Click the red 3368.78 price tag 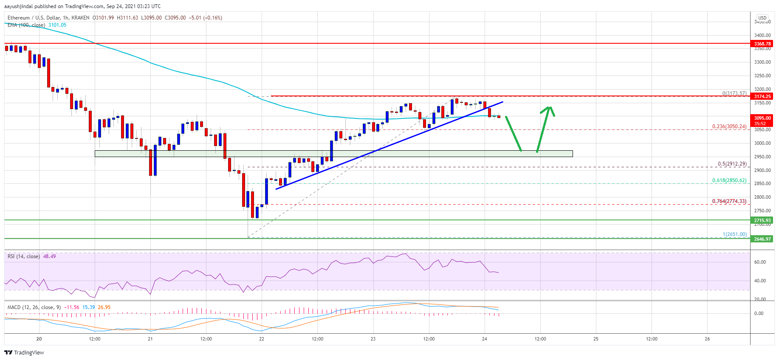pos(762,44)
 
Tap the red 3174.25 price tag pos(762,96)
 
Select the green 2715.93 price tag pos(762,220)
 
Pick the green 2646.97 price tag pos(762,239)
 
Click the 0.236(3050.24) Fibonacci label pos(729,127)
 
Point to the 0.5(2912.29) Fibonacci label pos(732,164)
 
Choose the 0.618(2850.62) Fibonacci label pos(729,180)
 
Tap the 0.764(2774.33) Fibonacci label pos(729,201)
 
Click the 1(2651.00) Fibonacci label pos(734,234)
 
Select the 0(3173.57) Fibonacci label pos(734,93)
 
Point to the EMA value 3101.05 pos(57,25)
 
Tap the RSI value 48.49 pos(49,256)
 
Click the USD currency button pos(762,18)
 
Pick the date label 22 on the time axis pos(262,339)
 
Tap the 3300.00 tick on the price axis pos(762,62)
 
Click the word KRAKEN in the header pos(81,18)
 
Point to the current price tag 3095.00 pos(762,118)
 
